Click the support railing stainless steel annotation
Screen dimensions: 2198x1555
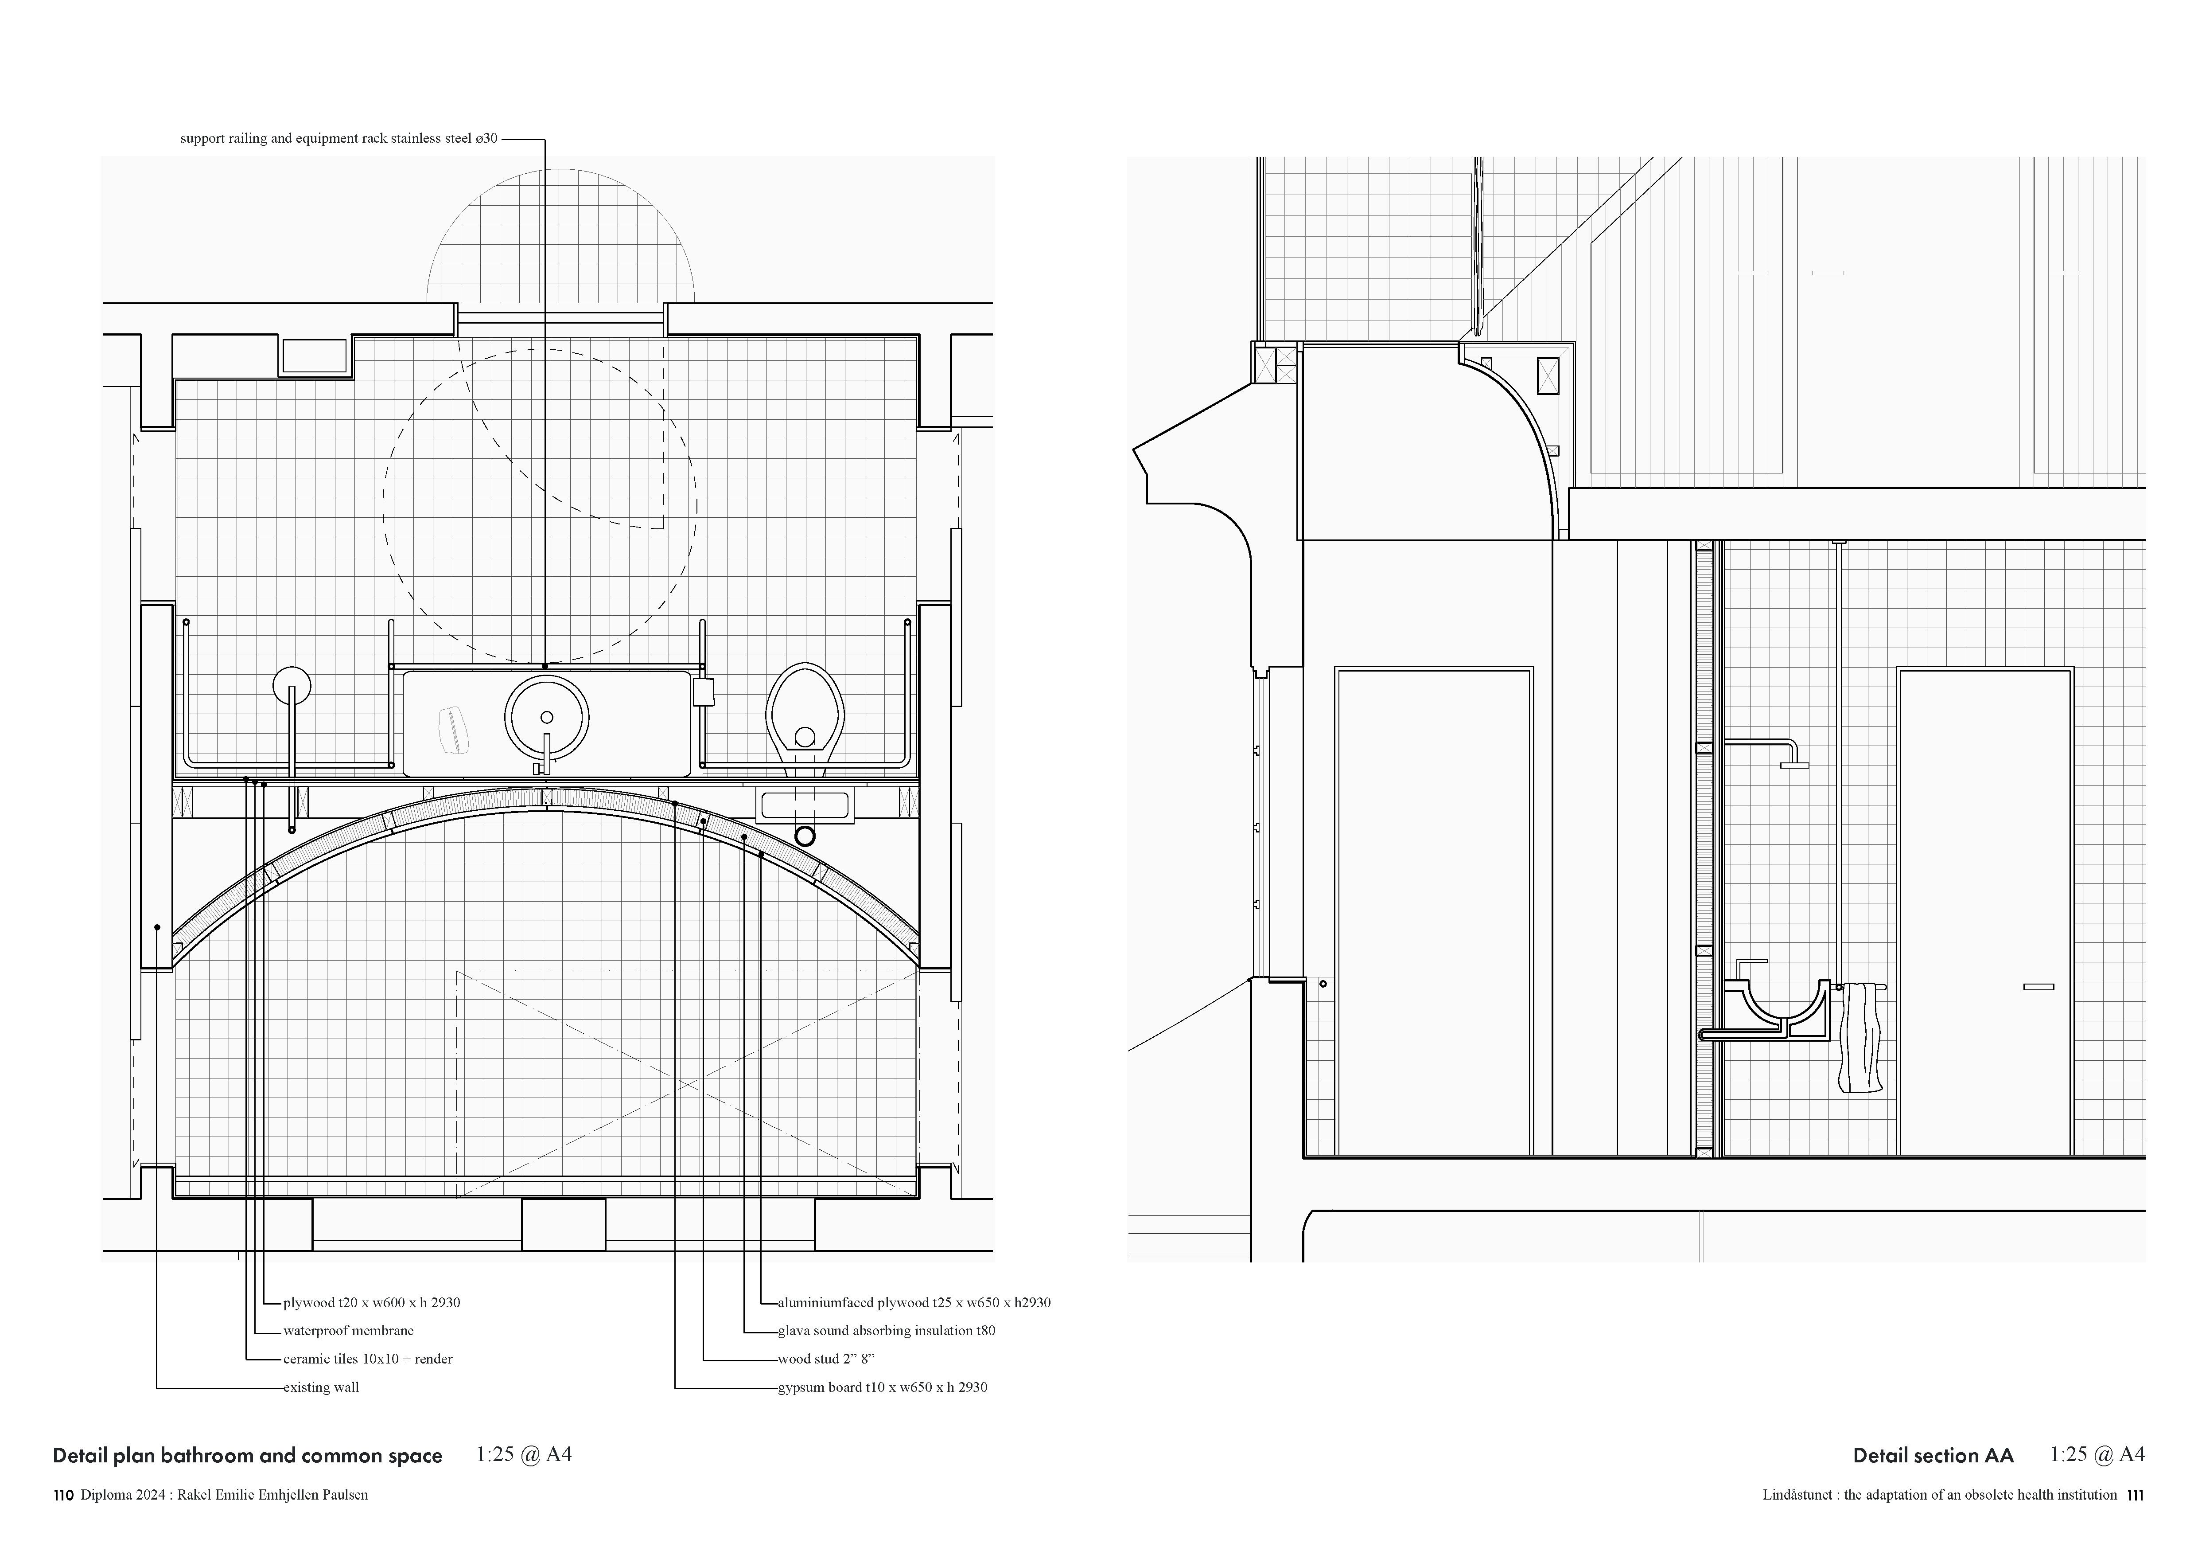tap(339, 139)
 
